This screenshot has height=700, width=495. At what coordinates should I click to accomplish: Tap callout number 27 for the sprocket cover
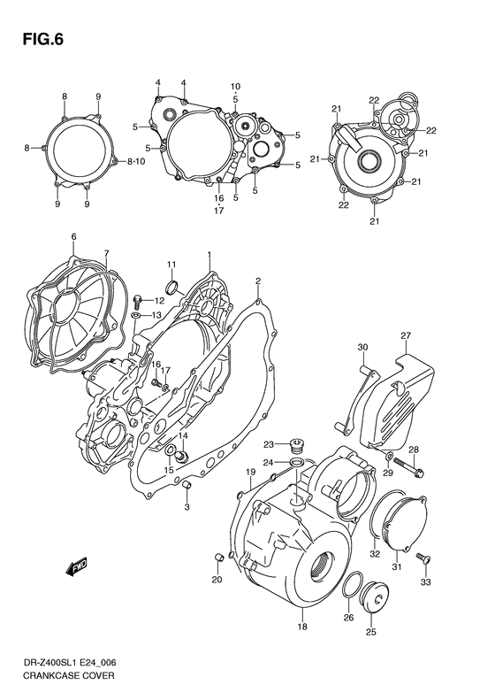pyautogui.click(x=406, y=335)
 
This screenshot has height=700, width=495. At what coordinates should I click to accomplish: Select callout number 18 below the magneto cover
pyautogui.click(x=301, y=627)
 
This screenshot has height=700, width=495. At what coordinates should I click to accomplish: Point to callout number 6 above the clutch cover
pyautogui.click(x=73, y=236)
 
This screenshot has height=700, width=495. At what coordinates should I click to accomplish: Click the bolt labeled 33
pyautogui.click(x=428, y=559)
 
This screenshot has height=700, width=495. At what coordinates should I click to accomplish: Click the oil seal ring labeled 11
pyautogui.click(x=172, y=286)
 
